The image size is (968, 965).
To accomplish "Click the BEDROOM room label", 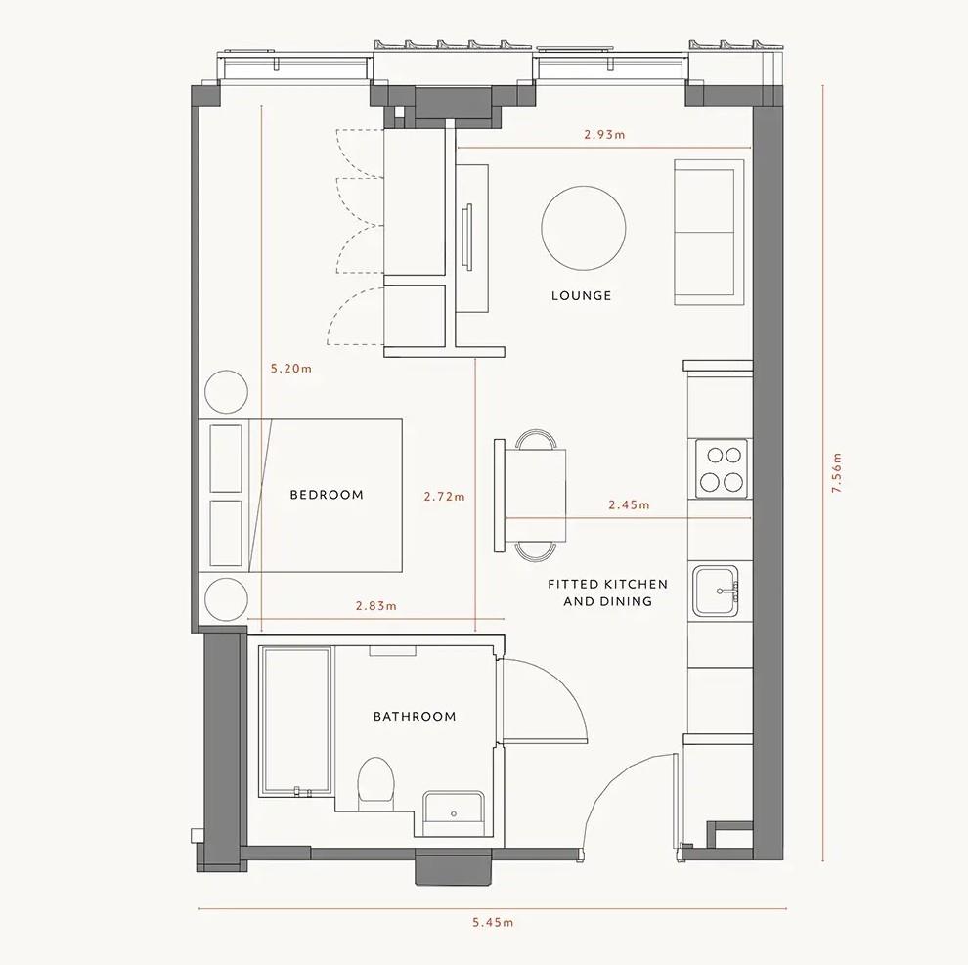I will click(327, 495).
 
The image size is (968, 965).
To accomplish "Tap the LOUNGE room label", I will click(581, 295).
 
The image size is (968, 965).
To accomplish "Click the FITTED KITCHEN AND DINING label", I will click(607, 592).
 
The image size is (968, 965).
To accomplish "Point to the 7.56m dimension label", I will click(836, 472).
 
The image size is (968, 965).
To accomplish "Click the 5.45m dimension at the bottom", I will click(493, 922).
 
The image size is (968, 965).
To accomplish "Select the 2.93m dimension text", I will click(604, 135).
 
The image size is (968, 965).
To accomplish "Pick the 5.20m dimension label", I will click(291, 370).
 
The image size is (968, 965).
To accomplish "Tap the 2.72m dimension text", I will click(445, 497).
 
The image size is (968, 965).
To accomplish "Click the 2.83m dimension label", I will click(376, 606).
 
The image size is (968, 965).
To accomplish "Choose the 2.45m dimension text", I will click(629, 505).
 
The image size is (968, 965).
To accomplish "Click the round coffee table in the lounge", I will click(584, 228).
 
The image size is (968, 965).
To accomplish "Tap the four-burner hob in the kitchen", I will click(722, 468).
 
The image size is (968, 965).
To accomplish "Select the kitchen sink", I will click(718, 591).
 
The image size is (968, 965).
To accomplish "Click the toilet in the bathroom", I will click(375, 781).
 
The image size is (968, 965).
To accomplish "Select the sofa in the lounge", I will click(704, 233).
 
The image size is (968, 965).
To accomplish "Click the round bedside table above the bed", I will click(225, 393).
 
